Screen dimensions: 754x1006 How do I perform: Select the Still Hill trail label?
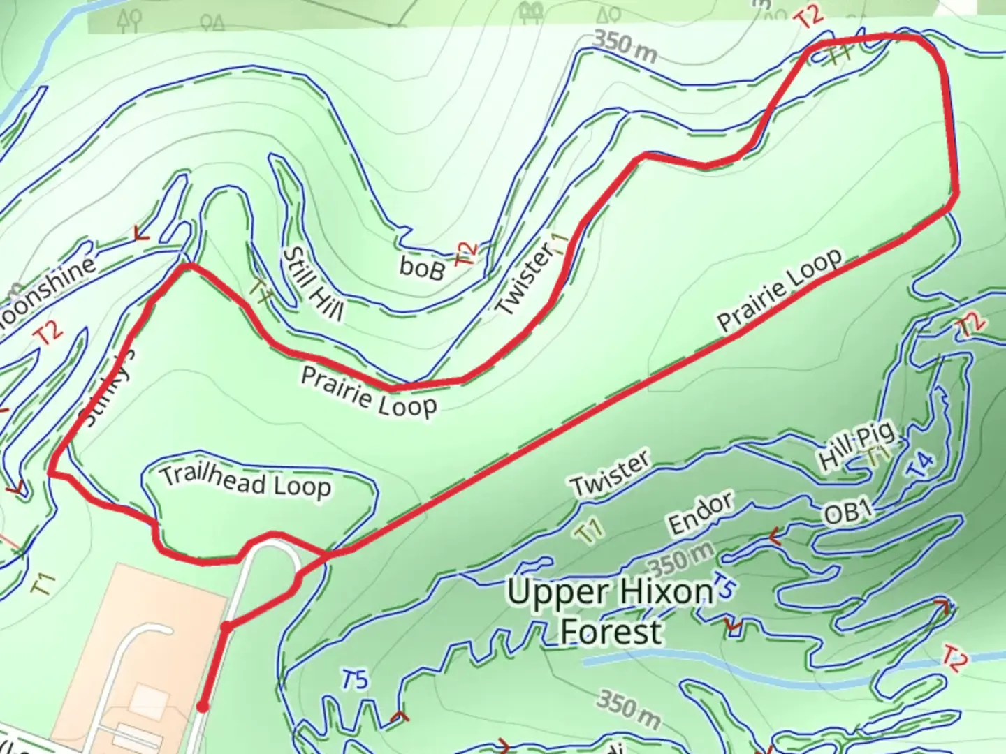tap(312, 285)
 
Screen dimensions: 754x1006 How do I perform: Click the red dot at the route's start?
tap(203, 707)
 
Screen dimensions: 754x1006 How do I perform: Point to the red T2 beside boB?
tap(466, 253)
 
